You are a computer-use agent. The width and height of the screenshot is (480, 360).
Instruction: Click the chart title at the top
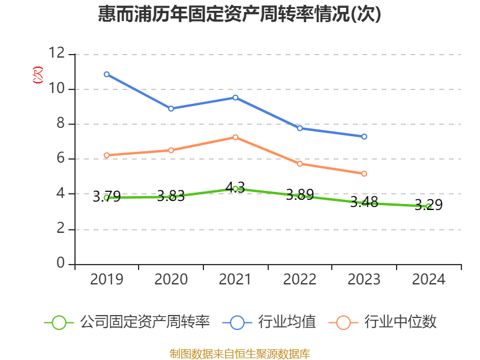click(x=239, y=14)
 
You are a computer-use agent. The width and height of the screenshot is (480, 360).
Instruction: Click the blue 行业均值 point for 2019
click(x=107, y=74)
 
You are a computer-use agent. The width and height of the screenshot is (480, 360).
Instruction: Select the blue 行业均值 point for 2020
click(x=171, y=109)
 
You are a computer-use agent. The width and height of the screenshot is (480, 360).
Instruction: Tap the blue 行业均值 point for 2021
click(x=235, y=97)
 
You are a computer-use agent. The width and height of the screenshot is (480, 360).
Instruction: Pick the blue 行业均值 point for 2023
click(x=364, y=137)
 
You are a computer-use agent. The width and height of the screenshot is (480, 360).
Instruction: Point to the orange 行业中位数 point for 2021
click(x=235, y=137)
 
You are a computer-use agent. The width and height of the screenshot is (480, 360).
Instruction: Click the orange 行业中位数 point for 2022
click(x=300, y=164)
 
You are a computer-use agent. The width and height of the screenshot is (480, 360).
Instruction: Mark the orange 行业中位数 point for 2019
click(x=107, y=155)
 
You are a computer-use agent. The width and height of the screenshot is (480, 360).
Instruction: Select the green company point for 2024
click(x=428, y=206)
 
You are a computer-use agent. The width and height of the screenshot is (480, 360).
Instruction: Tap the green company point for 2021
click(x=235, y=189)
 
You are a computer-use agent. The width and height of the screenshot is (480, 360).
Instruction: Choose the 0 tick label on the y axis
click(x=60, y=264)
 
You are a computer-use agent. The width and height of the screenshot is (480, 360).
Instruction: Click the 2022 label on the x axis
click(x=300, y=280)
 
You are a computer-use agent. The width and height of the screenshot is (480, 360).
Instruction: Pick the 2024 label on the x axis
click(x=428, y=280)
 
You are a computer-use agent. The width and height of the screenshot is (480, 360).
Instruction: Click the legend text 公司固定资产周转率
click(x=145, y=322)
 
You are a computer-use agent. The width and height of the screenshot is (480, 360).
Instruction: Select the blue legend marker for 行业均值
click(x=237, y=322)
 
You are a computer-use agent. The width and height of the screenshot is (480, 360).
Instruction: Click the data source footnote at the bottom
click(x=239, y=353)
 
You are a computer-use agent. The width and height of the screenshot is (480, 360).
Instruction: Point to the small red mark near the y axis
click(x=38, y=75)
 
